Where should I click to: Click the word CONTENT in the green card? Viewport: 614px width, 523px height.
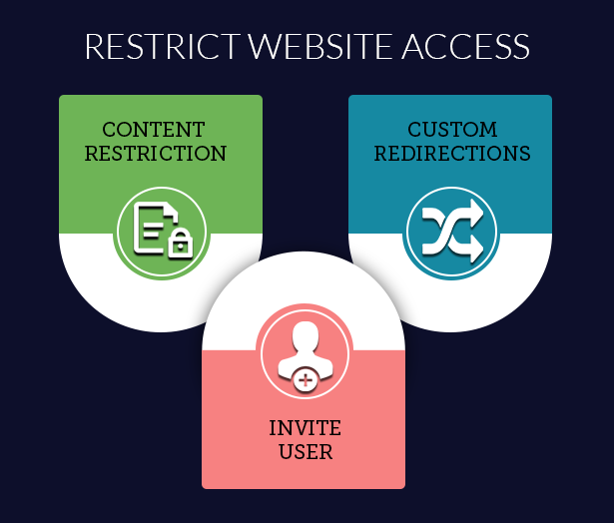pos(154,131)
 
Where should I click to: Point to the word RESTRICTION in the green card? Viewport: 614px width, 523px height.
pos(156,154)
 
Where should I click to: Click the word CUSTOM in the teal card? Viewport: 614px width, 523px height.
pos(452,131)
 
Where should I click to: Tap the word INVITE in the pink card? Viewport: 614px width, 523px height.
pos(305,428)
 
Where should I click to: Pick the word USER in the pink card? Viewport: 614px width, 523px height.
pos(306,451)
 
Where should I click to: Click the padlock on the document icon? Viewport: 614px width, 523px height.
pos(180,243)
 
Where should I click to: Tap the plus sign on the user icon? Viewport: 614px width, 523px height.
pos(307,379)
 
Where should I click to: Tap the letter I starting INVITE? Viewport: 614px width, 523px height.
pos(273,428)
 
